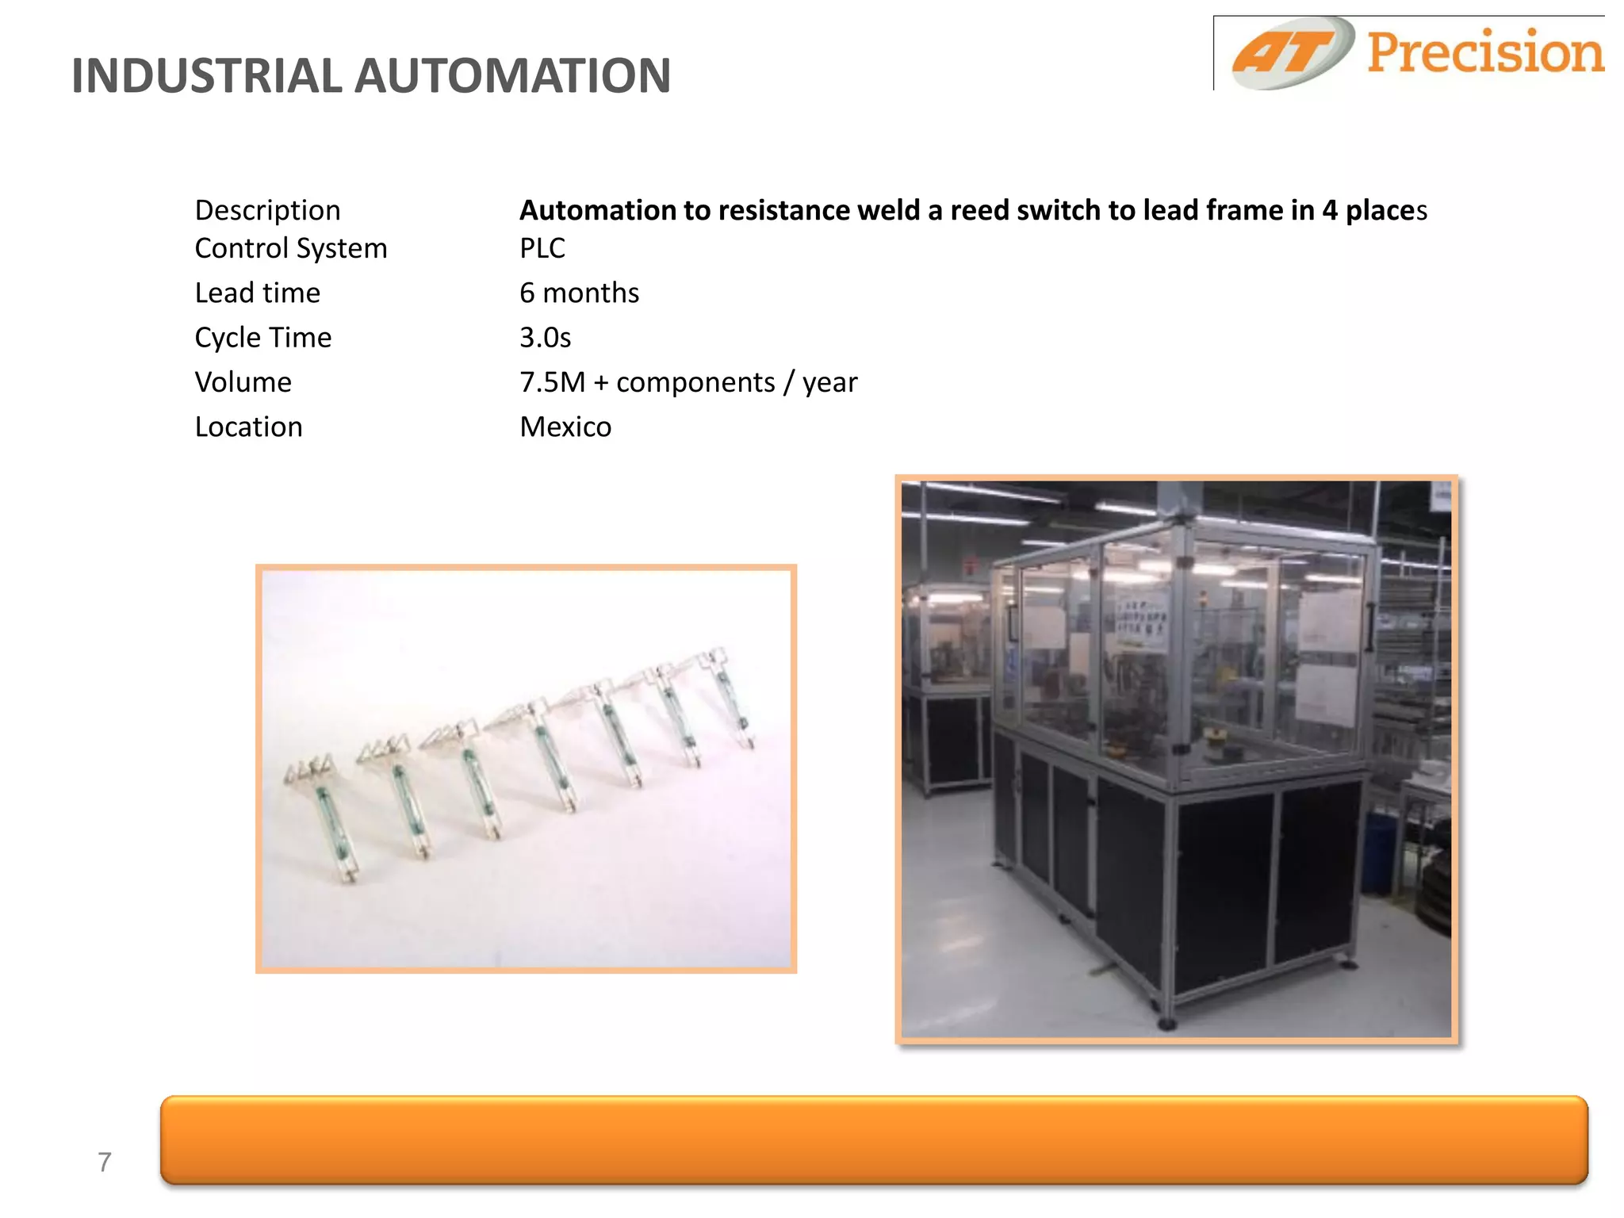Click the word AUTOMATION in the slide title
[x=512, y=76]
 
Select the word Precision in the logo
[x=1484, y=52]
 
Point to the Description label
[x=267, y=210]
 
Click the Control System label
[x=291, y=248]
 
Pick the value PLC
[x=542, y=248]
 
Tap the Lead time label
[x=258, y=293]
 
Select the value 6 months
[x=579, y=293]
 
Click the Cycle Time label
[x=263, y=337]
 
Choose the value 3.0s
[x=545, y=337]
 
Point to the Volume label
[x=243, y=382]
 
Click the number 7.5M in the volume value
[x=552, y=382]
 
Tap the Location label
[x=249, y=427]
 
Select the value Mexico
[x=565, y=427]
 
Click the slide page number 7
[x=105, y=1162]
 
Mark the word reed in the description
[x=979, y=210]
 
